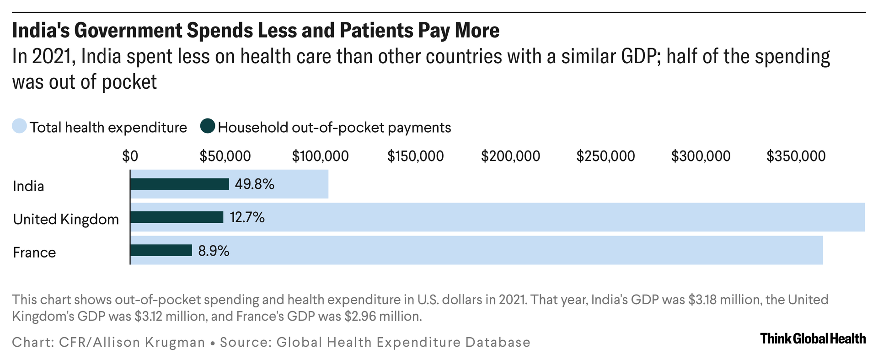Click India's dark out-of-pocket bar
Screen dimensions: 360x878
pos(179,184)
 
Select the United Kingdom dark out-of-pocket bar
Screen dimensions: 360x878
pos(177,217)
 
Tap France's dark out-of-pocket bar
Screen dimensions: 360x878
pos(161,250)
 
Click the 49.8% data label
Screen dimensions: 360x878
pos(255,184)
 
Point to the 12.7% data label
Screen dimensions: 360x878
pos(247,217)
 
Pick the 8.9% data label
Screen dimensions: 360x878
pos(214,251)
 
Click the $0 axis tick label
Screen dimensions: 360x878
pos(130,156)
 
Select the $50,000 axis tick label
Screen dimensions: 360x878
pos(225,156)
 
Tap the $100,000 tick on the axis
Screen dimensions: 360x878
pos(320,156)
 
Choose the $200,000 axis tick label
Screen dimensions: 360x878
pos(510,156)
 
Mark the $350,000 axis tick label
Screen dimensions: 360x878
pos(796,156)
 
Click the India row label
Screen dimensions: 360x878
pos(28,186)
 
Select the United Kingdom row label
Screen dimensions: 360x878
pos(66,220)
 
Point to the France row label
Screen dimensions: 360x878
pos(34,253)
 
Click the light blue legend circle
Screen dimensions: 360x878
pos(19,126)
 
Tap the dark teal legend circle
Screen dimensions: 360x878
pos(208,126)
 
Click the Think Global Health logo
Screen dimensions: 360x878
pos(813,339)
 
